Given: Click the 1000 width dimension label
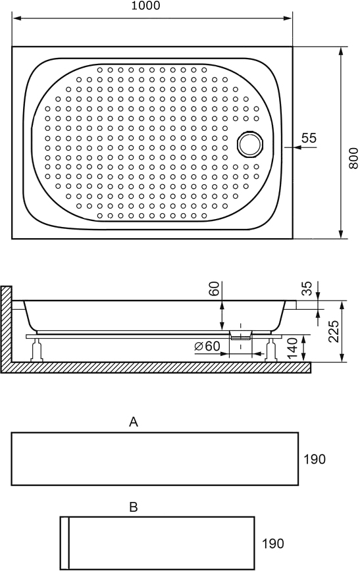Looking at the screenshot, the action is [x=145, y=5].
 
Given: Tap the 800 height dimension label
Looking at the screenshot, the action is [x=353, y=158].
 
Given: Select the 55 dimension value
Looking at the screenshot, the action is [x=309, y=138].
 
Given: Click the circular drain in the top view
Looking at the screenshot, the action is [x=250, y=143].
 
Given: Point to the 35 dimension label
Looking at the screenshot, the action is [x=307, y=288].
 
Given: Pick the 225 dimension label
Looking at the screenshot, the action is [x=334, y=331].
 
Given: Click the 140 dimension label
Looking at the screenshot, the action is [x=294, y=348].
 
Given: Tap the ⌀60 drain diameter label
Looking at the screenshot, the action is [x=207, y=346].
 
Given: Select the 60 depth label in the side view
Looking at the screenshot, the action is [x=215, y=289].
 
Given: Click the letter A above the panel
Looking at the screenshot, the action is [x=134, y=422].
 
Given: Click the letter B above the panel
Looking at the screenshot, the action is [x=134, y=507].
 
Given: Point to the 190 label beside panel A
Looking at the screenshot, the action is [x=315, y=459].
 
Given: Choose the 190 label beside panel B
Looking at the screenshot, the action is [x=273, y=543].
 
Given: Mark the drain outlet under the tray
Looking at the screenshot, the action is [x=240, y=335].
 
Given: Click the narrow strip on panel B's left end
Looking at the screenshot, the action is [x=64, y=543].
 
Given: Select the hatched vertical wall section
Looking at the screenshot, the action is [x=6, y=324].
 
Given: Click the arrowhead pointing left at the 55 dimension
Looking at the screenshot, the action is [x=297, y=147].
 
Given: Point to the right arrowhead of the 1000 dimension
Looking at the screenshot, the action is [x=288, y=18].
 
